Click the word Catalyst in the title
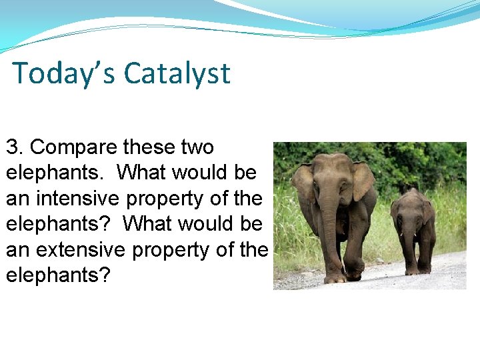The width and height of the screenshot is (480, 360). pyautogui.click(x=177, y=73)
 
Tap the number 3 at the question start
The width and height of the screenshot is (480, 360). pyautogui.click(x=13, y=147)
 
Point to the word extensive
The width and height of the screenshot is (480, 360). pyautogui.click(x=86, y=249)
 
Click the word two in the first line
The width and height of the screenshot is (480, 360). pyautogui.click(x=197, y=147)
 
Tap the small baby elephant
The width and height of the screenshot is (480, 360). pyautogui.click(x=413, y=230)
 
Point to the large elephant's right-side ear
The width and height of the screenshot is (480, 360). pyautogui.click(x=363, y=180)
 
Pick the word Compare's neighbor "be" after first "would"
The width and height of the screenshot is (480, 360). pyautogui.click(x=245, y=172)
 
